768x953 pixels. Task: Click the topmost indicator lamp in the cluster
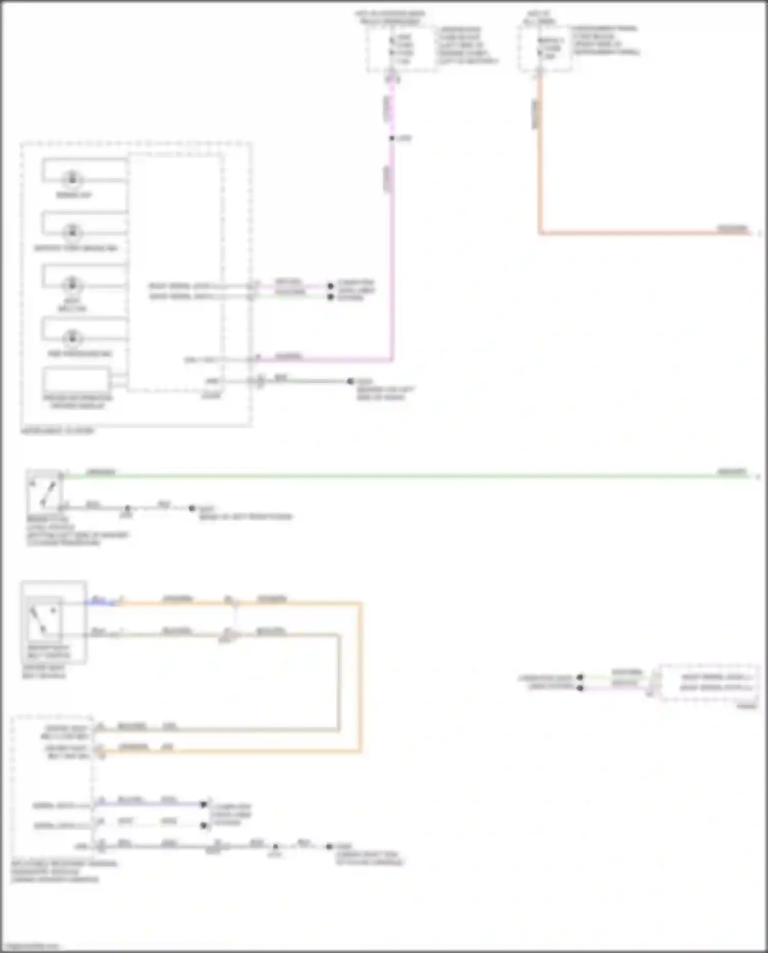point(72,179)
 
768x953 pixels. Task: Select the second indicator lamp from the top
point(72,231)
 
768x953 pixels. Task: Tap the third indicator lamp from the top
point(72,284)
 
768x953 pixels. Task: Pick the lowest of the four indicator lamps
point(72,337)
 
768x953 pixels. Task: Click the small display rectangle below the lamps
point(76,380)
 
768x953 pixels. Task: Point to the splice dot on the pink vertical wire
point(392,138)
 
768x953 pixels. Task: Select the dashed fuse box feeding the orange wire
point(545,49)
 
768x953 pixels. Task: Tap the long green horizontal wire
point(410,476)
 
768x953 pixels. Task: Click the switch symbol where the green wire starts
point(44,492)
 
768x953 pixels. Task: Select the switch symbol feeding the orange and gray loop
point(45,620)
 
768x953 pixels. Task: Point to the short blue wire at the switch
point(102,602)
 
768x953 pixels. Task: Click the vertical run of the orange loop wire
point(360,676)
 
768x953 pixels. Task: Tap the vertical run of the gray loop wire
point(338,681)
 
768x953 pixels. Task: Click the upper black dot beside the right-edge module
point(580,677)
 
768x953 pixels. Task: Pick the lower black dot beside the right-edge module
point(580,688)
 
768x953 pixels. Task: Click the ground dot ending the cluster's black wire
point(350,381)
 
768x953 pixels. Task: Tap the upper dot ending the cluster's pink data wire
point(331,286)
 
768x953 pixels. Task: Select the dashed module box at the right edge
point(709,683)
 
